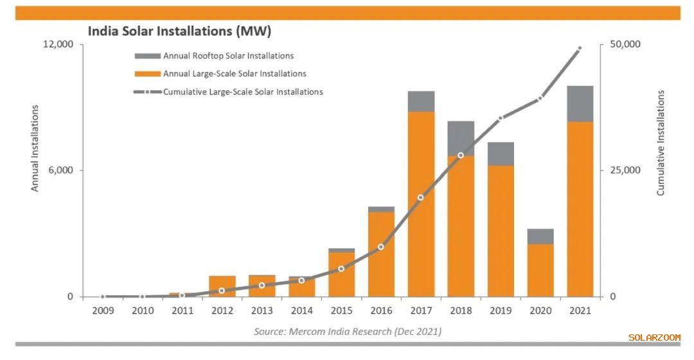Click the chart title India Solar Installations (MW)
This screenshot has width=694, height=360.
[x=179, y=31]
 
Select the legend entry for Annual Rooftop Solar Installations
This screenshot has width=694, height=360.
[x=228, y=56]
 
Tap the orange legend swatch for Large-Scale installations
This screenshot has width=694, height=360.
[x=147, y=74]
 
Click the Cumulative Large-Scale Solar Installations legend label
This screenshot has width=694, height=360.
[x=243, y=92]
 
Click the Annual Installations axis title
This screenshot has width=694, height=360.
[x=35, y=148]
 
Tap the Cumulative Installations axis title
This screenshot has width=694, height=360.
[x=661, y=143]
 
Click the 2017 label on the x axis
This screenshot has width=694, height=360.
[x=421, y=311]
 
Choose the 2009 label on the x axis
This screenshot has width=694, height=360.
[x=103, y=311]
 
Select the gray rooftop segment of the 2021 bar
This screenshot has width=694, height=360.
[x=580, y=104]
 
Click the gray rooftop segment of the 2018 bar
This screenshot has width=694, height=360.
[x=461, y=138]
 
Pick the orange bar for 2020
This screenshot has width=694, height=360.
[x=540, y=270]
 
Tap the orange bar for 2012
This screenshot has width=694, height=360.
[x=222, y=286]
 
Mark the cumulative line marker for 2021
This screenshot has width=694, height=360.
[x=580, y=48]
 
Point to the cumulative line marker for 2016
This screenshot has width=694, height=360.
[x=381, y=247]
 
